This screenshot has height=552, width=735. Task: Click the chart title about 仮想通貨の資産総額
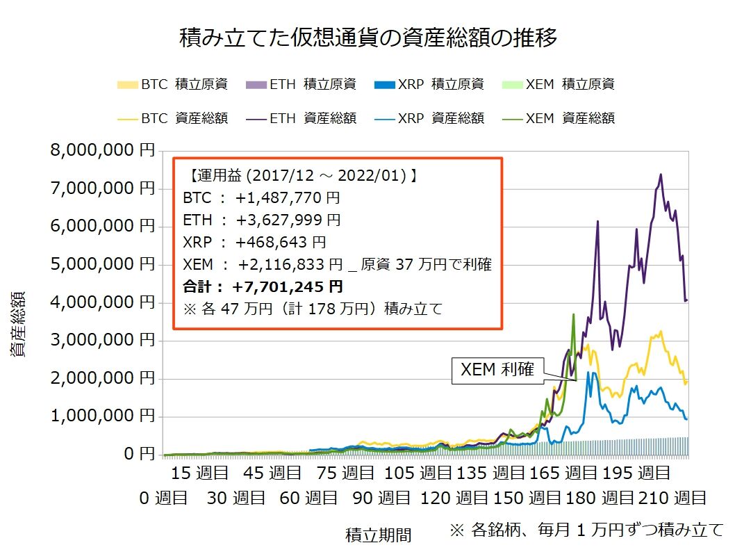coord(367,38)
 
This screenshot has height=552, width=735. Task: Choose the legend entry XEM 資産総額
coord(559,118)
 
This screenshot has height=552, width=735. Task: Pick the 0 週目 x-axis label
coord(163,498)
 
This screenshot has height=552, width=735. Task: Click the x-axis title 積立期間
coord(378,535)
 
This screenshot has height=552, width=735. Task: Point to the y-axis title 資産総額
coord(18,324)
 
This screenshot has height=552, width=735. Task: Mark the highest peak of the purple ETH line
coord(660,174)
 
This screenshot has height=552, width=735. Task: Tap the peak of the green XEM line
coord(573,314)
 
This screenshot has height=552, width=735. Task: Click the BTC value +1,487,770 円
coord(288,198)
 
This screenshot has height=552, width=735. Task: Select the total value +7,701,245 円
coord(288,286)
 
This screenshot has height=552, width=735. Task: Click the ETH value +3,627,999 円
coord(288,220)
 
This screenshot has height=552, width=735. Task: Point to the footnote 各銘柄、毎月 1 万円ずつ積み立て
coord(586,530)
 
